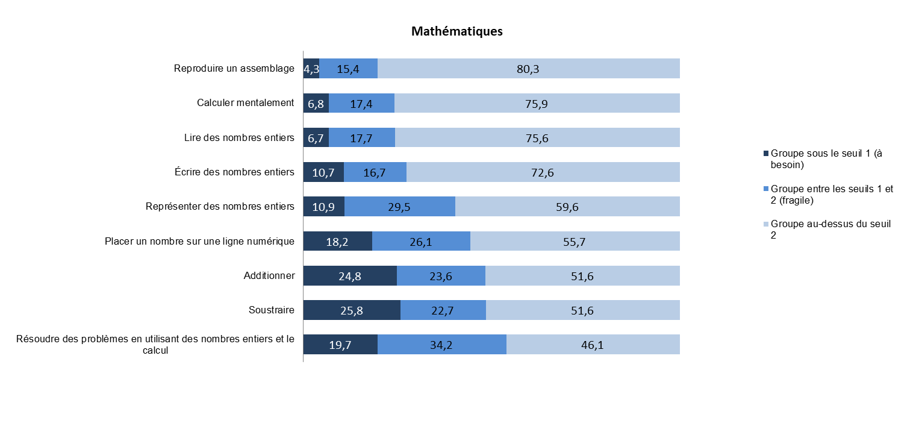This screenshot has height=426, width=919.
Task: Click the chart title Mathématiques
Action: tap(456, 31)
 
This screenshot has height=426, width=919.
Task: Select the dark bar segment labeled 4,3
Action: tap(311, 69)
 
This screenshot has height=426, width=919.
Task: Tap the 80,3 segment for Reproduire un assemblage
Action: tap(528, 69)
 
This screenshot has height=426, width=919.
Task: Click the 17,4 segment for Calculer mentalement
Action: tap(361, 104)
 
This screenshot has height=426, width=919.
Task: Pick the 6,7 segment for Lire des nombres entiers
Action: tap(316, 138)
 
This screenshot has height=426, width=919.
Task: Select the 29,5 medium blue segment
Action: tap(399, 207)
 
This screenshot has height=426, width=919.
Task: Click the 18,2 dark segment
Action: tap(337, 242)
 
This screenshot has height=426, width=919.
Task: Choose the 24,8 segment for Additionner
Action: tap(349, 277)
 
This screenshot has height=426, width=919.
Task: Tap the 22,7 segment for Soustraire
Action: tap(443, 311)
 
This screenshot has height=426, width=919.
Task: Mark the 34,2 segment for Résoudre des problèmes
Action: tap(441, 345)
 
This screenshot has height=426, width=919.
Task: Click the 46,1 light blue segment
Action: tap(593, 345)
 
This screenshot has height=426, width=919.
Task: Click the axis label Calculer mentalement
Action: tap(245, 102)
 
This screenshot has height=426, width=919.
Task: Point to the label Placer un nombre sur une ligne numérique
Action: tap(199, 241)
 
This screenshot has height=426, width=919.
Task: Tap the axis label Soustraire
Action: tap(271, 310)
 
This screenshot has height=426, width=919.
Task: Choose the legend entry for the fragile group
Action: tap(831, 194)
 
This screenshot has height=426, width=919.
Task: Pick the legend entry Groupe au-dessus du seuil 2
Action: tap(830, 229)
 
